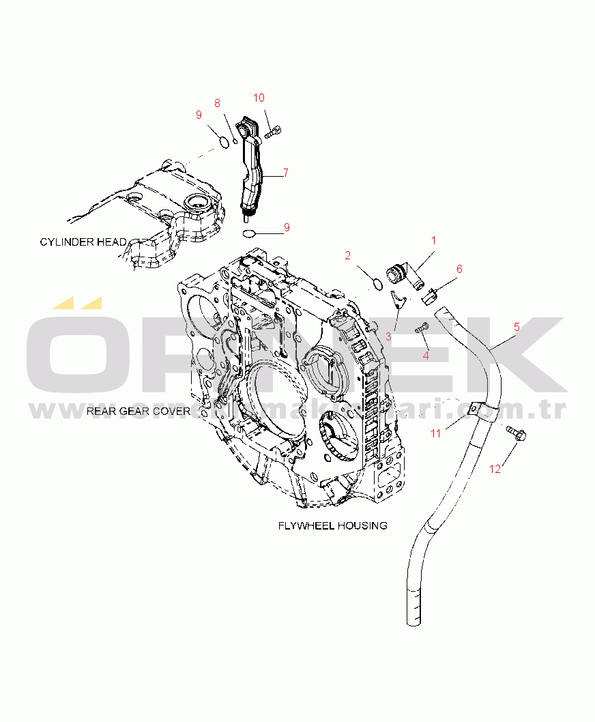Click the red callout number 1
coord(433,240)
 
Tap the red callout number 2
coord(348,255)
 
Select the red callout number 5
coord(517,327)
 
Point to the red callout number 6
coord(459,269)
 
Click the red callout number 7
coord(286,173)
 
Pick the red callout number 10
coord(259,97)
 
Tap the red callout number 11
coord(436,433)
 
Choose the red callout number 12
coord(495,469)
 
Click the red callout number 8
coord(217,103)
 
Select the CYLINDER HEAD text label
coord(83,242)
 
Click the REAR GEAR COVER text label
coord(138,411)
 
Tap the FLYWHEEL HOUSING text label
coord(332,525)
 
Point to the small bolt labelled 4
coord(422,328)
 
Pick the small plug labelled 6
coord(431,295)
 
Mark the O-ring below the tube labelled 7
coord(250,233)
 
